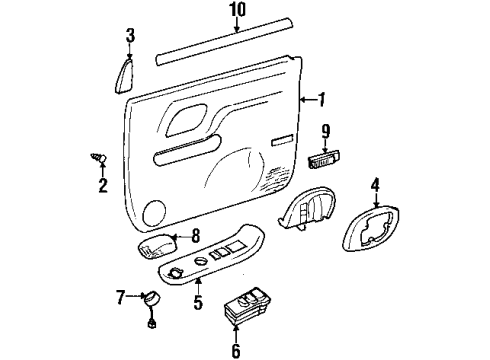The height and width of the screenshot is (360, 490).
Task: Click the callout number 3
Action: click(x=129, y=37)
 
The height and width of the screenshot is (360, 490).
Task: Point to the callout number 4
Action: click(x=376, y=183)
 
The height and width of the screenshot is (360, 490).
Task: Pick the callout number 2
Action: click(x=101, y=186)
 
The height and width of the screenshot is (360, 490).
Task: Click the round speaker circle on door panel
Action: click(x=154, y=210)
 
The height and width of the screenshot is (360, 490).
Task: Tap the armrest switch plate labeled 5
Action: click(x=215, y=263)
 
